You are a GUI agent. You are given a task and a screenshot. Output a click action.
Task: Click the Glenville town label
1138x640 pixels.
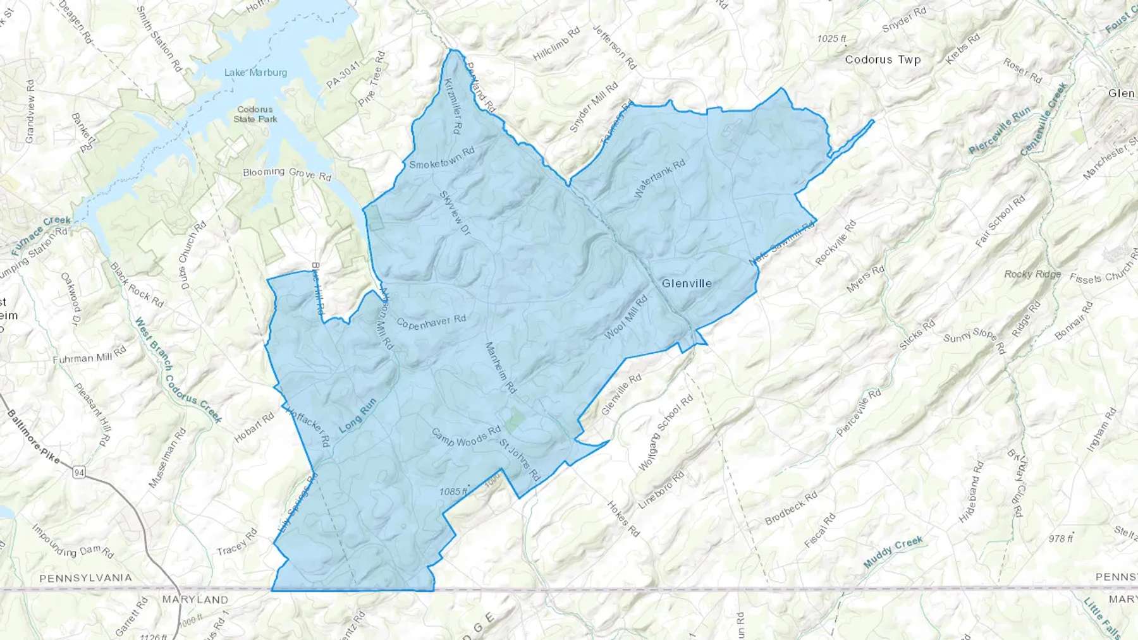coord(687,284)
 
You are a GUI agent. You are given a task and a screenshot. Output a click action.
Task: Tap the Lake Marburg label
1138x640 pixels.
coord(255,73)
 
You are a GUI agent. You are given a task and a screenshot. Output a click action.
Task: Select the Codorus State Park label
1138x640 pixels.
coord(255,114)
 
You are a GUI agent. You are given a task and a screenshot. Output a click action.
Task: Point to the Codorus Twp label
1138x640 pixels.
coord(883,60)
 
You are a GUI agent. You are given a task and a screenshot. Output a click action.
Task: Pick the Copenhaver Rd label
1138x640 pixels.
coord(431,321)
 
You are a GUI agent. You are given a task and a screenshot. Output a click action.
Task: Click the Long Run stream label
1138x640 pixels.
coord(358,415)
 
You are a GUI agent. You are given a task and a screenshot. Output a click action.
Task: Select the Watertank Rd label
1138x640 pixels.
coord(659,179)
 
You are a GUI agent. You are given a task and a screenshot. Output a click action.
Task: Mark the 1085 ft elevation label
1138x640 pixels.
coord(453,492)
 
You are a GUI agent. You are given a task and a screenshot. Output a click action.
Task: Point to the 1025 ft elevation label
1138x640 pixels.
coord(831,39)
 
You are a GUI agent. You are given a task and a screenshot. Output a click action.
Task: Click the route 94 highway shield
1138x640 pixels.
coord(79,473)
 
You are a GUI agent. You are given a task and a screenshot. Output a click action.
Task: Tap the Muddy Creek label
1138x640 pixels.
coord(893,551)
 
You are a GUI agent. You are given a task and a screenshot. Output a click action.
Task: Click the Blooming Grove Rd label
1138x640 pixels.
coord(287,173)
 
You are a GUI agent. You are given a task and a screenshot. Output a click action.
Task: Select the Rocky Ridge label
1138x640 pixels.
coord(1032,274)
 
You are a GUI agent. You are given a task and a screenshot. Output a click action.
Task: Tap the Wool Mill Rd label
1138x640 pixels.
coord(626,317)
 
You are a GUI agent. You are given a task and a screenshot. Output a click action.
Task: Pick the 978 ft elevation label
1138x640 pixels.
coord(1060,538)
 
